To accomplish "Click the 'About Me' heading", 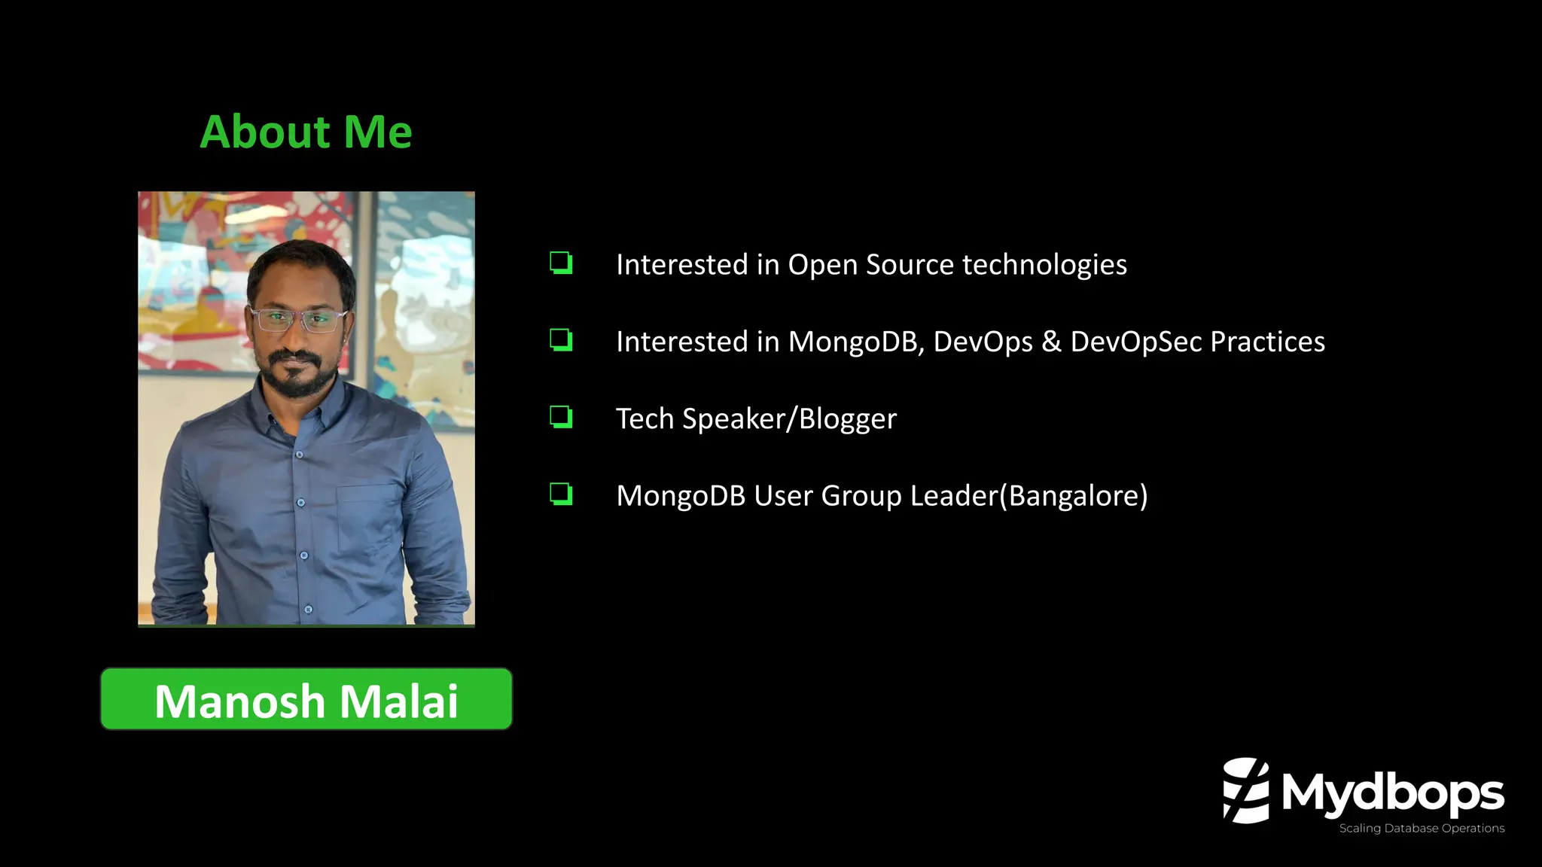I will click(x=306, y=132).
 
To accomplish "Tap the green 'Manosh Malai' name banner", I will click(x=306, y=699).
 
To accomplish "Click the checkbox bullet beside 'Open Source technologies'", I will click(x=561, y=263).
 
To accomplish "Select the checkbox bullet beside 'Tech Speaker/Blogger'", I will click(x=561, y=417).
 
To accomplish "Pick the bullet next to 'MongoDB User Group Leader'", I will click(x=561, y=494).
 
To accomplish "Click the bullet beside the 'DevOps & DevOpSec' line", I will click(x=561, y=340).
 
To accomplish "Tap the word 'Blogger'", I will click(x=848, y=419).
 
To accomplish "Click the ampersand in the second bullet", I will click(x=1051, y=342).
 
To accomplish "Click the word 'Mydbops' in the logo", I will click(x=1392, y=793).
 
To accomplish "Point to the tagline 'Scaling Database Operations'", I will click(x=1422, y=828).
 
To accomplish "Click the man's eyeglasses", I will click(x=299, y=319).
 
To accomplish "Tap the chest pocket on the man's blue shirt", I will click(x=369, y=519).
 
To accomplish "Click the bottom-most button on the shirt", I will click(x=308, y=609).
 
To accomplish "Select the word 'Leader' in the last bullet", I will click(x=954, y=496).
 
